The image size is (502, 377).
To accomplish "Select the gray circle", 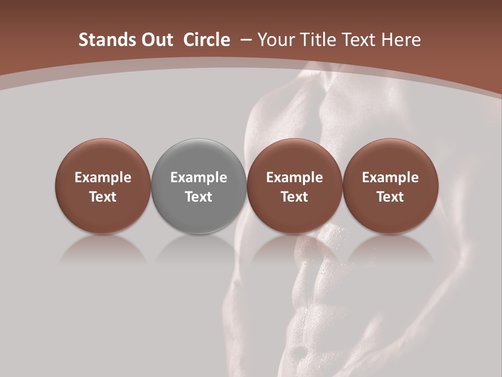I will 199,186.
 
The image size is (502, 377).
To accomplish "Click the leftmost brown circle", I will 103,186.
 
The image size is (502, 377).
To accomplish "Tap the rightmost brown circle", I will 390,186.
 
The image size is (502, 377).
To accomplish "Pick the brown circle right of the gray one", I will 294,186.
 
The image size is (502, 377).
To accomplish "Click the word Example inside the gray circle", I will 199,178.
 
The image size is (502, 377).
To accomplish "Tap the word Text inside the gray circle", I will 199,197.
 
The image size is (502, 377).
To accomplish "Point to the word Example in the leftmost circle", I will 103,178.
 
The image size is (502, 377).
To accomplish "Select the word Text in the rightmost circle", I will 390,197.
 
